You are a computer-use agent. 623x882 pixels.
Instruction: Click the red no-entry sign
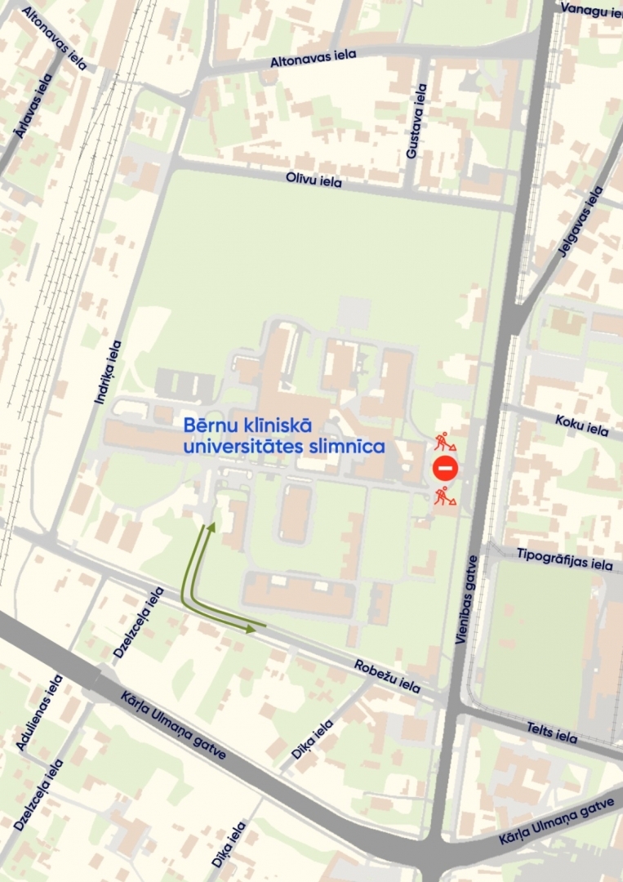445,469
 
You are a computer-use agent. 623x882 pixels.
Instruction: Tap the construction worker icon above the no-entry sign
444,442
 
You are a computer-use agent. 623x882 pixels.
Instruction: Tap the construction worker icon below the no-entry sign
444,495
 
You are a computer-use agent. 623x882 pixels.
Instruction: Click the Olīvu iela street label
314,181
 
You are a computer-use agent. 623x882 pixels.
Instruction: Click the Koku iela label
581,425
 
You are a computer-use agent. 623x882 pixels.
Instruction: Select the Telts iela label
552,733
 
